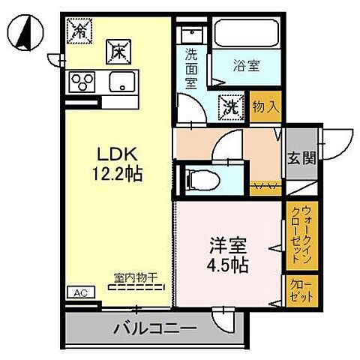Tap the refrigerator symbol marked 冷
pyautogui.click(x=79, y=30)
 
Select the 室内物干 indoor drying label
pyautogui.click(x=136, y=277)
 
